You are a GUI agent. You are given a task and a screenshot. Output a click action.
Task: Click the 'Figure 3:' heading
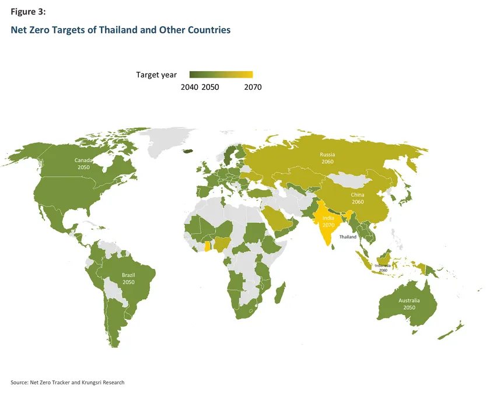click(28, 12)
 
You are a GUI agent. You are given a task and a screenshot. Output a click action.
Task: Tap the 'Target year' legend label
click(156, 75)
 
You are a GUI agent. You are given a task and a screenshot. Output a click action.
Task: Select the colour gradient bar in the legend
click(220, 75)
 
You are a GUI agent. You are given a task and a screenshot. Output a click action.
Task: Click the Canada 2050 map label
click(83, 163)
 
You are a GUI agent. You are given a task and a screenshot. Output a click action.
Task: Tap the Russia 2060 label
click(327, 157)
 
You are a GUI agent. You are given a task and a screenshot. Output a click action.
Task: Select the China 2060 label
click(358, 198)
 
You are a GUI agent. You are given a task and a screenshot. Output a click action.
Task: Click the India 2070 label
click(328, 221)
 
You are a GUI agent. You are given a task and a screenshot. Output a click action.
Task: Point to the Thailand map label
click(348, 237)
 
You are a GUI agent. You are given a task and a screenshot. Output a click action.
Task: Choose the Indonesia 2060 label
click(383, 268)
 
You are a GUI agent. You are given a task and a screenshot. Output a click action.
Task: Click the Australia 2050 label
click(408, 304)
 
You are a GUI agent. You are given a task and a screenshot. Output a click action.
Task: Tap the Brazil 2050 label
click(128, 278)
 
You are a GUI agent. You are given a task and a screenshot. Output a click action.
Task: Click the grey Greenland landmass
click(169, 140)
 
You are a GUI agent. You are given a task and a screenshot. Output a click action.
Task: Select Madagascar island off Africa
click(281, 291)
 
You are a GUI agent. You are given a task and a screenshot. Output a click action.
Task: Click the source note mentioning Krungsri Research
click(68, 383)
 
